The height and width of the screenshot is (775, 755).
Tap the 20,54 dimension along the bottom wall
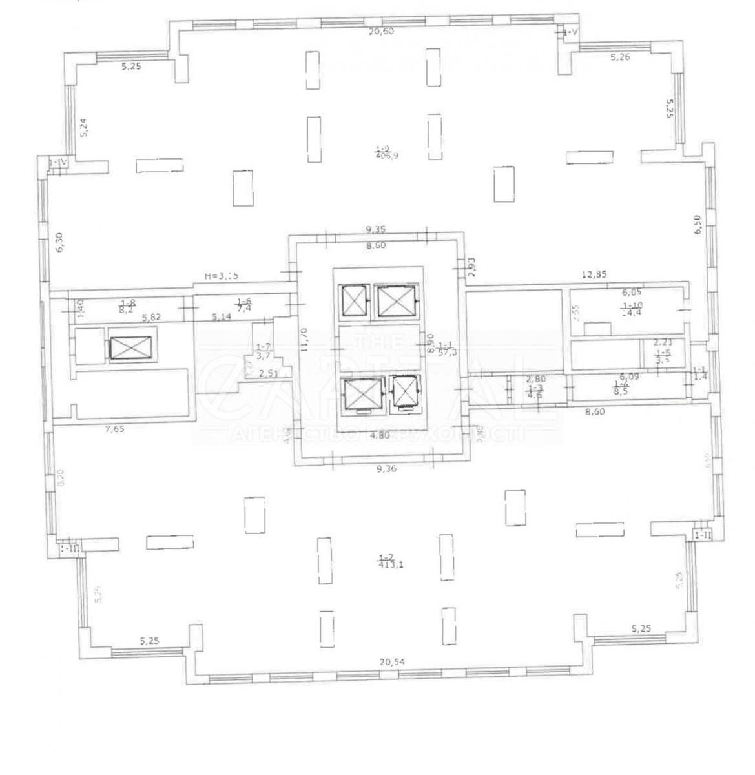[395, 661]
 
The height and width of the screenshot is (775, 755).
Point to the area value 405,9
[388, 155]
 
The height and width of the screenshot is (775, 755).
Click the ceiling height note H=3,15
[222, 276]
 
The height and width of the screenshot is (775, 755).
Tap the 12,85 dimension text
[594, 274]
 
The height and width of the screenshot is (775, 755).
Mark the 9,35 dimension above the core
[376, 229]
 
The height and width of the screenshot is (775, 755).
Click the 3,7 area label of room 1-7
[262, 355]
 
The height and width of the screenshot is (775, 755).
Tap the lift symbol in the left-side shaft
[132, 347]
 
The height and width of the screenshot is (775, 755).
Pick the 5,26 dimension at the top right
[620, 57]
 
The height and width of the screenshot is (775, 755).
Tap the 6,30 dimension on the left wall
[59, 242]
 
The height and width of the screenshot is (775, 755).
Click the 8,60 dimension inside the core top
[376, 245]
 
